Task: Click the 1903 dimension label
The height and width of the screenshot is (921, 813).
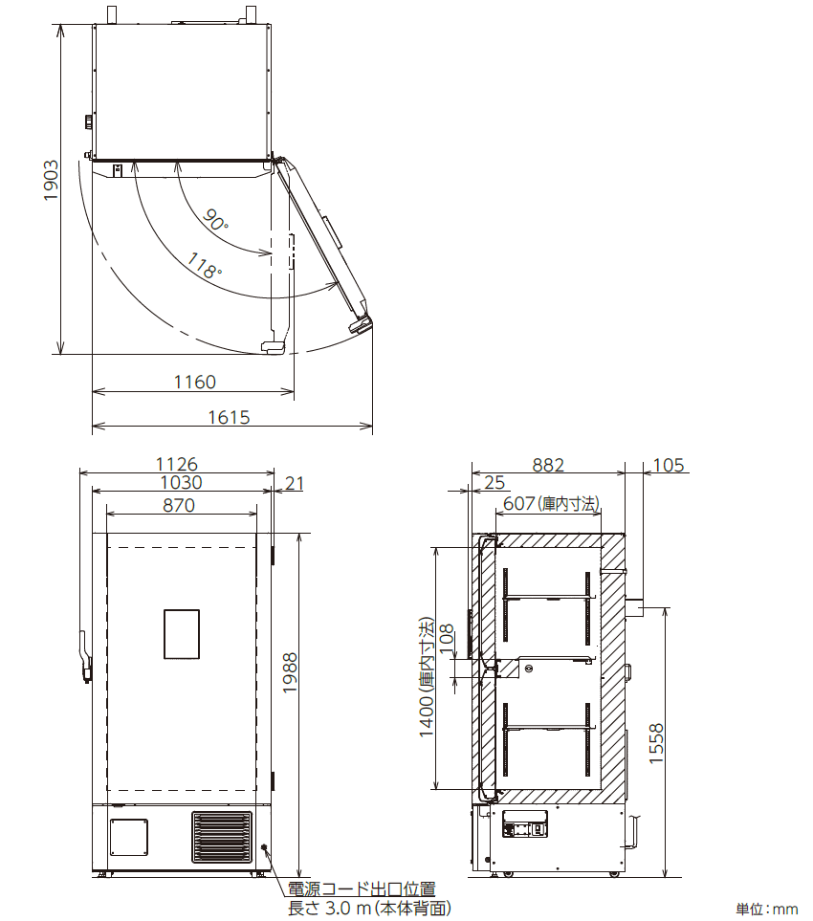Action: click(x=51, y=181)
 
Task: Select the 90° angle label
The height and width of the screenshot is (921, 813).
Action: click(x=215, y=220)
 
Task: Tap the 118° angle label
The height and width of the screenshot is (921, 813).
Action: click(x=204, y=265)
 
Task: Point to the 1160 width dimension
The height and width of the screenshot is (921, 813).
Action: click(x=194, y=383)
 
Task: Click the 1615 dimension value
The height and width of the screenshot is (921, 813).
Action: click(x=230, y=418)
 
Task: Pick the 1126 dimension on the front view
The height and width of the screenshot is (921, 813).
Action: click(x=176, y=464)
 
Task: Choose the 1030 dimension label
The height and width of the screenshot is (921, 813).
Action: click(x=182, y=482)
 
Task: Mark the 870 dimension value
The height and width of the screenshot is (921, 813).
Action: click(x=179, y=505)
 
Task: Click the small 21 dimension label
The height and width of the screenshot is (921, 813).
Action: click(x=295, y=483)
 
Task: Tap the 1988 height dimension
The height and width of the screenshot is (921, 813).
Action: click(x=290, y=672)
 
